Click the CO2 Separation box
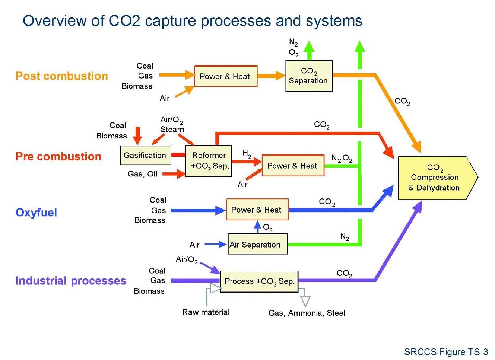pyautogui.click(x=309, y=76)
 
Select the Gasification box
pyautogui.click(x=146, y=155)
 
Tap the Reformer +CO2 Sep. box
pyautogui.click(x=208, y=161)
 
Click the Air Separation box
pyautogui.click(x=258, y=244)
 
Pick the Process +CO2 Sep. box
pyautogui.click(x=259, y=281)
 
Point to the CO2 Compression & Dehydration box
pyautogui.click(x=438, y=178)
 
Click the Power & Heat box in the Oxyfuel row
pyautogui.click(x=257, y=209)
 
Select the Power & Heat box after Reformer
pyautogui.click(x=293, y=166)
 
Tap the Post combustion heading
pyautogui.click(x=62, y=76)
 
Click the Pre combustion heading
pyautogui.click(x=58, y=156)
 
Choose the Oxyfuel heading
pyautogui.click(x=36, y=213)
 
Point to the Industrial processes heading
pyautogui.click(x=71, y=281)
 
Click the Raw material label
pyautogui.click(x=206, y=312)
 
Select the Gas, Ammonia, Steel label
pyautogui.click(x=307, y=313)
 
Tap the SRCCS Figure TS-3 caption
pyautogui.click(x=446, y=352)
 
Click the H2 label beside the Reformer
pyautogui.click(x=247, y=153)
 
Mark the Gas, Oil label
pyautogui.click(x=142, y=174)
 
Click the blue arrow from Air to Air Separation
pyautogui.click(x=216, y=244)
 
